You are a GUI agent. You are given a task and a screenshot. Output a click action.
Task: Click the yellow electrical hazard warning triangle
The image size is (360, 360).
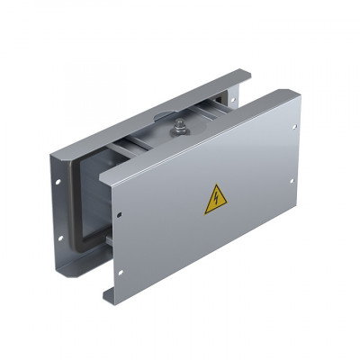(215, 199)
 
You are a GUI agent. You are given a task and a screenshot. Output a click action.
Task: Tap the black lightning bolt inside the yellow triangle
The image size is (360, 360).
(215, 201)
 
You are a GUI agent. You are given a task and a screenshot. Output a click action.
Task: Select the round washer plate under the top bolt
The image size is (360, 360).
(178, 135)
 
